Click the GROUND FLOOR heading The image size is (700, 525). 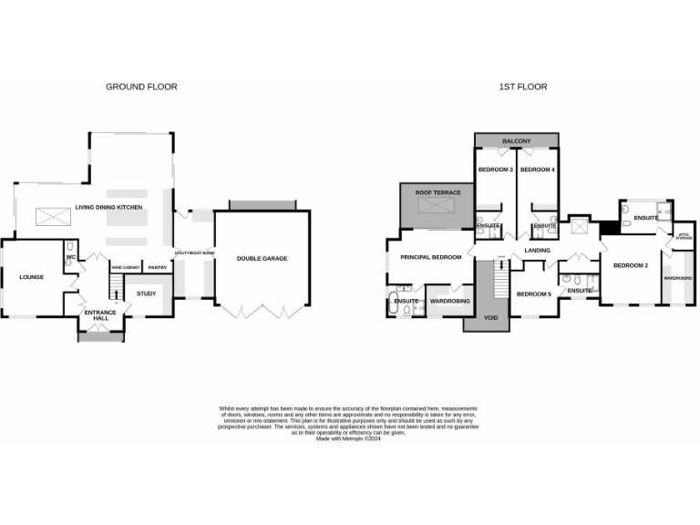tap(141, 87)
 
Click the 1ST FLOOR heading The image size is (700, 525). tap(522, 87)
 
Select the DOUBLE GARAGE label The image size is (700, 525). tap(262, 259)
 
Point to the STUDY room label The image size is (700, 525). tap(146, 293)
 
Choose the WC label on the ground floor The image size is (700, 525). tap(69, 257)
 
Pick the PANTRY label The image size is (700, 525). tap(157, 267)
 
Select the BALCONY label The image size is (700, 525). tap(516, 141)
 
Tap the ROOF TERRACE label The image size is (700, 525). tap(437, 193)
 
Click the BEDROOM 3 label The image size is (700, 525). tap(495, 170)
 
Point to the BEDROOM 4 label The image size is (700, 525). tap(538, 170)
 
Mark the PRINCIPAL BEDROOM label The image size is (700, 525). tap(431, 257)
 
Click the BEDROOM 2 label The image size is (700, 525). tap(630, 265)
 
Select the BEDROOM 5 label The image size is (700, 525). tap(534, 293)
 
